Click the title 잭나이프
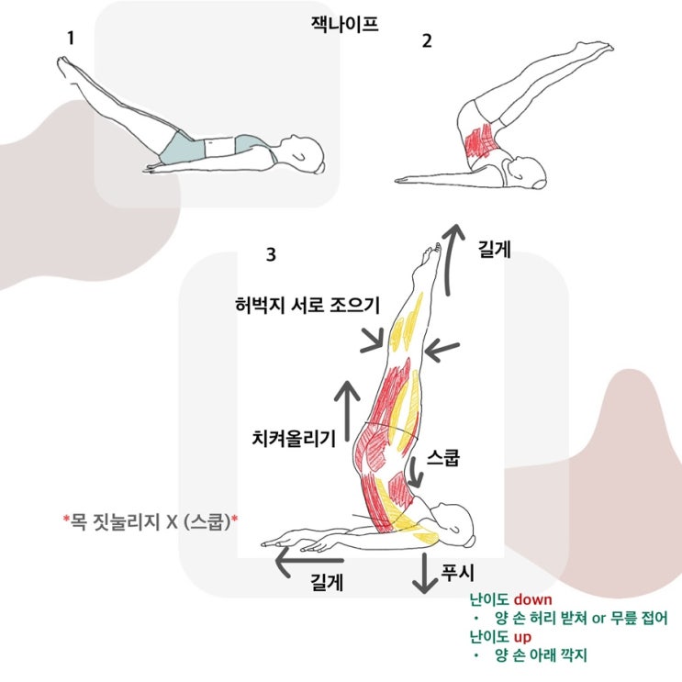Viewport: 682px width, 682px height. tap(344, 24)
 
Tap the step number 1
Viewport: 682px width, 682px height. tap(71, 39)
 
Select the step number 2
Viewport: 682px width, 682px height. tap(427, 41)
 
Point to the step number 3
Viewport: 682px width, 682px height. tap(271, 254)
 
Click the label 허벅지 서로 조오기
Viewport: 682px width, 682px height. tap(307, 305)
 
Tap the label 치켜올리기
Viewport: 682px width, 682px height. tap(294, 439)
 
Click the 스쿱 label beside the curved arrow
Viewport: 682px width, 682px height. tap(442, 457)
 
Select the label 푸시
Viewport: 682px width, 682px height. tap(457, 573)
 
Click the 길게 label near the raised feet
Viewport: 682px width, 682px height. tap(494, 250)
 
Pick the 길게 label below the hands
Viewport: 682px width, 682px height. tap(327, 582)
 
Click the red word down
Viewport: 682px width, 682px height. tap(532, 599)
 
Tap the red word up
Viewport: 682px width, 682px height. tap(522, 637)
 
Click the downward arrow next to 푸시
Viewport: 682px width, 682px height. tap(424, 574)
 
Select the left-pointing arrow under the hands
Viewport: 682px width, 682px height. tap(309, 560)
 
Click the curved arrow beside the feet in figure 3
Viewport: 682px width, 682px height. tap(451, 260)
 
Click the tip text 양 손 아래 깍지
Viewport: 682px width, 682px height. tap(541, 655)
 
